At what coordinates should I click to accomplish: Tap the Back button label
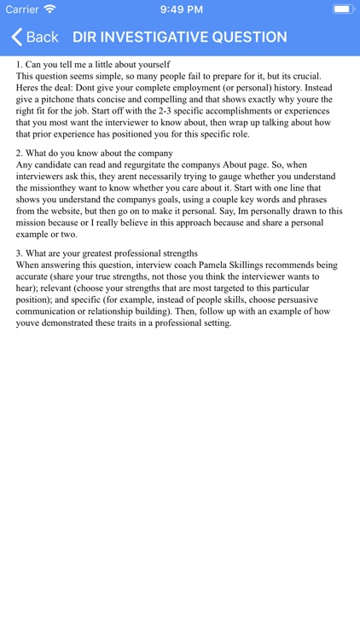[42, 38]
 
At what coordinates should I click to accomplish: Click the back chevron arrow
[16, 38]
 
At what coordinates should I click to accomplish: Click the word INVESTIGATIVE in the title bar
[158, 38]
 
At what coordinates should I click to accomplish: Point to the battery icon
[343, 9]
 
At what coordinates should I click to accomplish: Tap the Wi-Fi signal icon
[49, 9]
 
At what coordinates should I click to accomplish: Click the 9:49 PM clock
[180, 9]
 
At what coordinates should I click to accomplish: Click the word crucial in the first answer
[303, 76]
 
